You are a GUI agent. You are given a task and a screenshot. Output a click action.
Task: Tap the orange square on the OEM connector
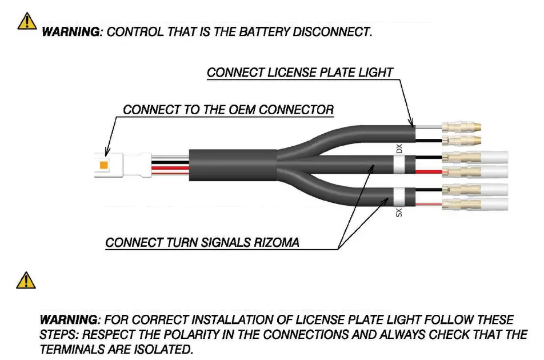104,165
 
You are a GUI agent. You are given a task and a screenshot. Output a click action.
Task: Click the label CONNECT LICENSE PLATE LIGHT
299,73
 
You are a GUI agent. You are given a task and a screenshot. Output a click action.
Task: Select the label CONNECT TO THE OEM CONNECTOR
228,110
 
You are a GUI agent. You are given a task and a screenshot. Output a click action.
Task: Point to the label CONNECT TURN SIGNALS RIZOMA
202,243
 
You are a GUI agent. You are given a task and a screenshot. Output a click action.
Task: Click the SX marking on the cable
399,213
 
